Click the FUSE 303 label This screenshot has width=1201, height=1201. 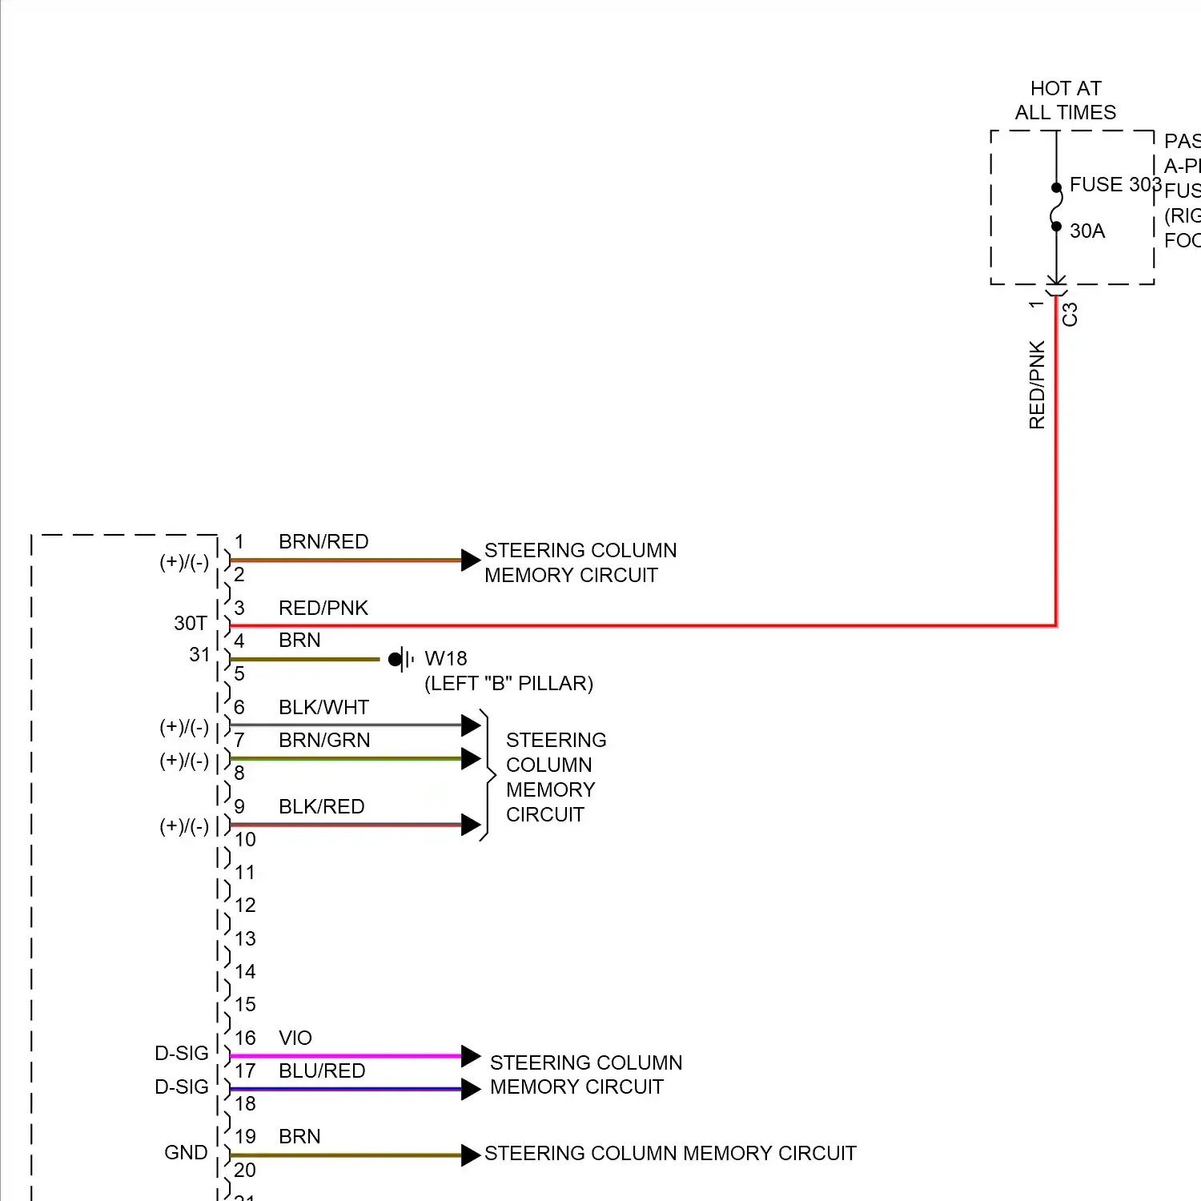[1115, 185]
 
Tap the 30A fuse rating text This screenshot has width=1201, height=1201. [1087, 231]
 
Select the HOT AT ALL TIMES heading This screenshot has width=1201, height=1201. [1065, 100]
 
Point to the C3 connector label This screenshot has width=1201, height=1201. [1070, 315]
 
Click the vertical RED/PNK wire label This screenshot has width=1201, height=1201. [1037, 385]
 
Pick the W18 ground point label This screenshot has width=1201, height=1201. [445, 659]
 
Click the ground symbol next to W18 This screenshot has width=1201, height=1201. [402, 660]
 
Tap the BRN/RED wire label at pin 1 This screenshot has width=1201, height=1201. [323, 542]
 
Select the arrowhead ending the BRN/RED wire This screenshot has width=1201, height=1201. [471, 560]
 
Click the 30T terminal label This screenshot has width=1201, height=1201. [191, 623]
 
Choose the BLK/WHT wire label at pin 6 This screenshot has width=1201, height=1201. [323, 708]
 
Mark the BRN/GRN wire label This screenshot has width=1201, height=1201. [324, 741]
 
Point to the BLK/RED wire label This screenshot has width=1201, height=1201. [321, 807]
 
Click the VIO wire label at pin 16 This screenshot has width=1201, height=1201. [295, 1038]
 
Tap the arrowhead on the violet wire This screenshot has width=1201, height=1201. [471, 1056]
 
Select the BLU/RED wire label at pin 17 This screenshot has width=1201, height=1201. [322, 1071]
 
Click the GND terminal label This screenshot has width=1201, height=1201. [186, 1153]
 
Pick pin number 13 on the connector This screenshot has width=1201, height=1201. [245, 938]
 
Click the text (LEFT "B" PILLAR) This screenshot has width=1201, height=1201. [508, 684]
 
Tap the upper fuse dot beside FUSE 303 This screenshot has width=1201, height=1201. [1056, 188]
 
